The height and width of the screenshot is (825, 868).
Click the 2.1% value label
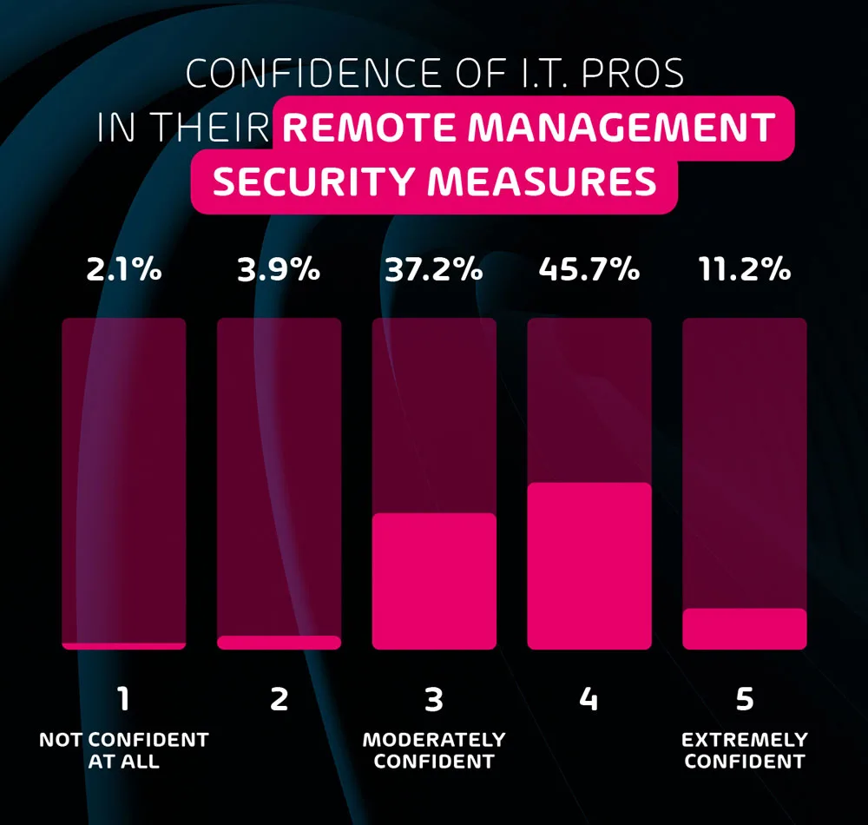[124, 269]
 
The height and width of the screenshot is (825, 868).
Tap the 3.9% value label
[279, 269]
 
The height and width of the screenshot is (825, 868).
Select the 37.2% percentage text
[434, 269]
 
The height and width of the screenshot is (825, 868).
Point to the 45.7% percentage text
[589, 269]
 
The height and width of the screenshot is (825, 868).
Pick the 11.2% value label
[745, 269]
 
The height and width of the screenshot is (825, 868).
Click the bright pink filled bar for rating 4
[589, 565]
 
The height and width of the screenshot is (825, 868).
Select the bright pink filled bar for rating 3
[434, 581]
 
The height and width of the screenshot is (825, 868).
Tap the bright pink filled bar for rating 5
[745, 629]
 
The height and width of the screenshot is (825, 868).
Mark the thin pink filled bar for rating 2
[279, 643]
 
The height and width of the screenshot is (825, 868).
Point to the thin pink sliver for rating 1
[124, 646]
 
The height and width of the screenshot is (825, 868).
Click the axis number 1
[124, 699]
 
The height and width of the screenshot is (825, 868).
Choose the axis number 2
[279, 699]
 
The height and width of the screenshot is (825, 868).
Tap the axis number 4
[589, 699]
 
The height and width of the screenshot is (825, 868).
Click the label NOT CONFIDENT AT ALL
[124, 751]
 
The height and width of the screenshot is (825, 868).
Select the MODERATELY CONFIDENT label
[434, 751]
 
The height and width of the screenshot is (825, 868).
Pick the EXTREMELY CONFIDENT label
[745, 751]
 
